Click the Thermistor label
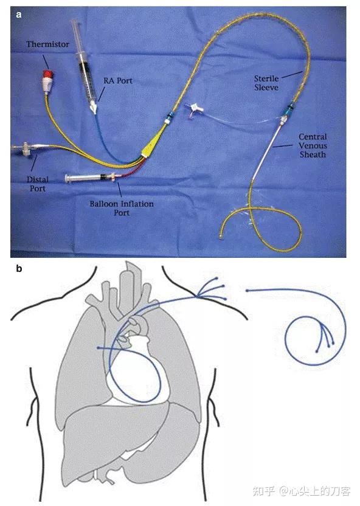pyautogui.click(x=48, y=44)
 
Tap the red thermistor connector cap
pyautogui.click(x=49, y=74)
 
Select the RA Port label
pyautogui.click(x=118, y=81)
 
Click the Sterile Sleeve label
pyautogui.click(x=266, y=83)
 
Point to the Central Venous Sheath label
pyautogui.click(x=313, y=145)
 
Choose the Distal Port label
pyautogui.click(x=38, y=184)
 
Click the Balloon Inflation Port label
pyautogui.click(x=122, y=208)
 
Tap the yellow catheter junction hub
pyautogui.click(x=151, y=145)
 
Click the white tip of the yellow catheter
pyautogui.click(x=221, y=238)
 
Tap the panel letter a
pyautogui.click(x=19, y=15)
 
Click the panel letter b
pyautogui.click(x=19, y=268)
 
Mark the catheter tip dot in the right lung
pyautogui.click(x=98, y=348)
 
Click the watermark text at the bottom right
pyautogui.click(x=301, y=491)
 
